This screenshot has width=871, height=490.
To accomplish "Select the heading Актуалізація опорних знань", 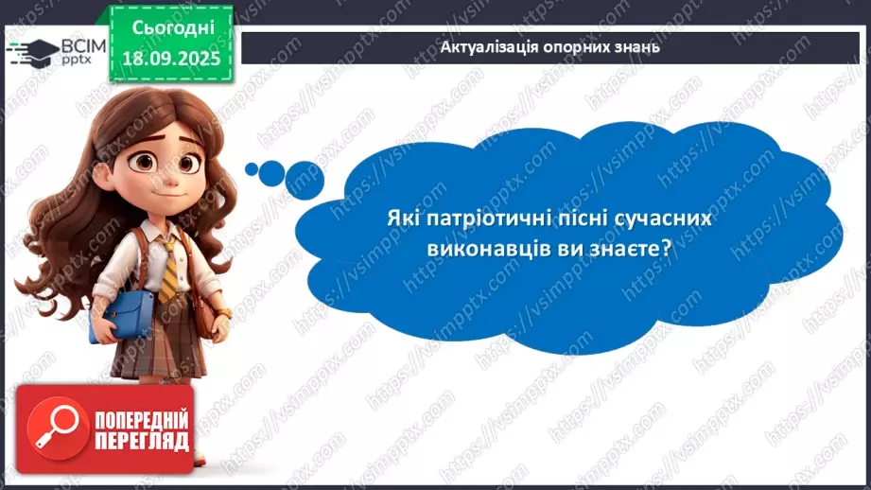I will click(550, 46).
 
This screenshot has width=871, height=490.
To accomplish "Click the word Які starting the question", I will click(400, 218).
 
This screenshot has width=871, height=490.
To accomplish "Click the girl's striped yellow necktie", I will click(166, 270).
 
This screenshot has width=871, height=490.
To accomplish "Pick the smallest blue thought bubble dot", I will click(252, 169).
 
